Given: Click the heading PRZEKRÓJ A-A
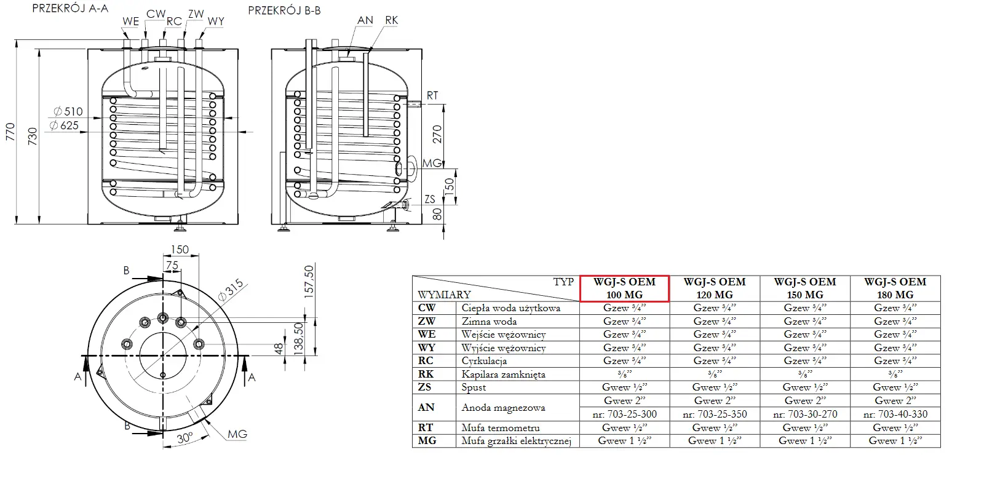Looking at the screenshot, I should click(x=69, y=9).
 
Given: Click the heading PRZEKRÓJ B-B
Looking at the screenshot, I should click(x=284, y=10).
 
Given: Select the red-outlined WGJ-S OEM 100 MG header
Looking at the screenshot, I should click(x=624, y=288).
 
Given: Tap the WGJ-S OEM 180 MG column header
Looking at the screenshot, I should click(x=895, y=288).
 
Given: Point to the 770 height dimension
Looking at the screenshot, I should click(x=10, y=132).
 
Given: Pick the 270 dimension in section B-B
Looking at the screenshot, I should click(x=437, y=133).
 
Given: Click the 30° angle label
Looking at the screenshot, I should click(x=184, y=438).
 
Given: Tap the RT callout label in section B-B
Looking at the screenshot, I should click(x=432, y=96).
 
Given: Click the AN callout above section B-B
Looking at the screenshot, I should click(x=365, y=20).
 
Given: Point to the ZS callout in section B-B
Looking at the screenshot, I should click(x=430, y=199).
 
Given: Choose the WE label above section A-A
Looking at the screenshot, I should click(x=130, y=22).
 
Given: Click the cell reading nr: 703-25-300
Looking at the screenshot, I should click(x=624, y=415).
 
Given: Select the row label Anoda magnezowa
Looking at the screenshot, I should click(x=503, y=408).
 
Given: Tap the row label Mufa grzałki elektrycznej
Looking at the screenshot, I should click(x=517, y=441).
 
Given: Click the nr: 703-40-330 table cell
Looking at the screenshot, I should click(x=895, y=415).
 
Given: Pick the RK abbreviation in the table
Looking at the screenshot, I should click(x=426, y=374).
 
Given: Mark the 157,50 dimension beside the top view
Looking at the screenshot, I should click(x=309, y=281).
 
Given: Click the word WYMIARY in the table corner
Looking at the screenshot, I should click(x=444, y=295).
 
